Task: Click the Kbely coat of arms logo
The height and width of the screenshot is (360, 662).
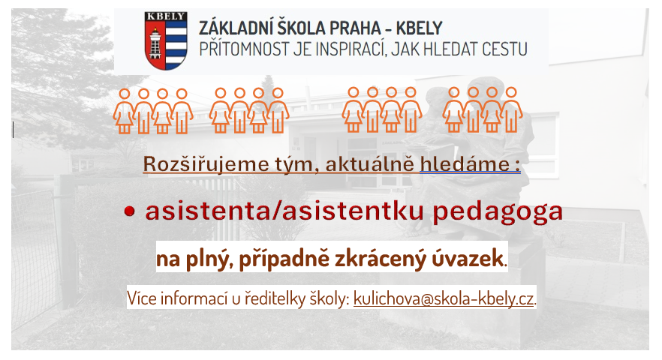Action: tap(165, 40)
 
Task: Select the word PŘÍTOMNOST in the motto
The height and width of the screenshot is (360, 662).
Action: tap(245, 49)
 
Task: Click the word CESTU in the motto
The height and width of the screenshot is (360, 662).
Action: tap(504, 49)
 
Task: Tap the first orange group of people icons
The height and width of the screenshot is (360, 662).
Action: tap(153, 111)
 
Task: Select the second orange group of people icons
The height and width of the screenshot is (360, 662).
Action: tap(249, 110)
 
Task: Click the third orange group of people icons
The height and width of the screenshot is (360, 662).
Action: tap(381, 109)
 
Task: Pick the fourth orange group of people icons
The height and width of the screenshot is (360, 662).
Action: tap(483, 109)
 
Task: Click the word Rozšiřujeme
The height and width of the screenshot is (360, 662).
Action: tap(206, 164)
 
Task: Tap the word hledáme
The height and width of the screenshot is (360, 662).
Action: tap(465, 164)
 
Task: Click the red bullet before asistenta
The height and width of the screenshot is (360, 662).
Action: tap(130, 211)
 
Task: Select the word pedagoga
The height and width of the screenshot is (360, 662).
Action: tap(498, 212)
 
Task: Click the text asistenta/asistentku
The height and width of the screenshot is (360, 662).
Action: tap(284, 211)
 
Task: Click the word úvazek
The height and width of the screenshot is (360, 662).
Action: tap(468, 258)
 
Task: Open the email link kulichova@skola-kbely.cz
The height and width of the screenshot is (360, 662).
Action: tap(444, 298)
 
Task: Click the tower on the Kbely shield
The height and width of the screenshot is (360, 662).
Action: tap(155, 43)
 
